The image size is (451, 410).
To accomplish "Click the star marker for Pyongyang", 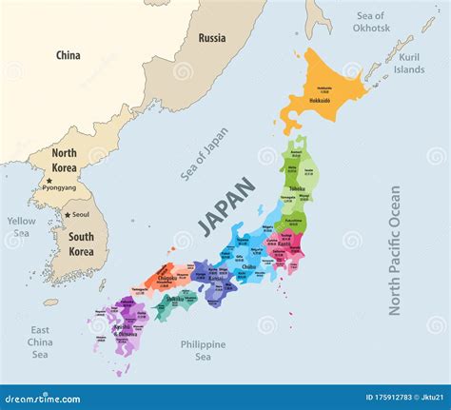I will [49, 181].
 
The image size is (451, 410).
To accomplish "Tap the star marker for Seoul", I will [69, 214].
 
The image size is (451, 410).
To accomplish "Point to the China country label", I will [69, 55].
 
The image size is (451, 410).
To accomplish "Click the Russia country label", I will [212, 38].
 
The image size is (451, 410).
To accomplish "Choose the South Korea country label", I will [81, 244].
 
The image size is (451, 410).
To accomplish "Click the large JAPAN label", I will [226, 206].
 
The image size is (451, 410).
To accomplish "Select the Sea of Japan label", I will [205, 152].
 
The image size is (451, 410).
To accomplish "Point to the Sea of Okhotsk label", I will [370, 22].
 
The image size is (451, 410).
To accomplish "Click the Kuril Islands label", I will [409, 63].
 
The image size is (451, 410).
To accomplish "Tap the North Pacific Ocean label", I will [395, 249].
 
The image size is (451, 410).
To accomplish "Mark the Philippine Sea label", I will [203, 350].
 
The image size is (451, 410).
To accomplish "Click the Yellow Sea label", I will [21, 226].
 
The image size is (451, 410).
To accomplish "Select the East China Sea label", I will [40, 342].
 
